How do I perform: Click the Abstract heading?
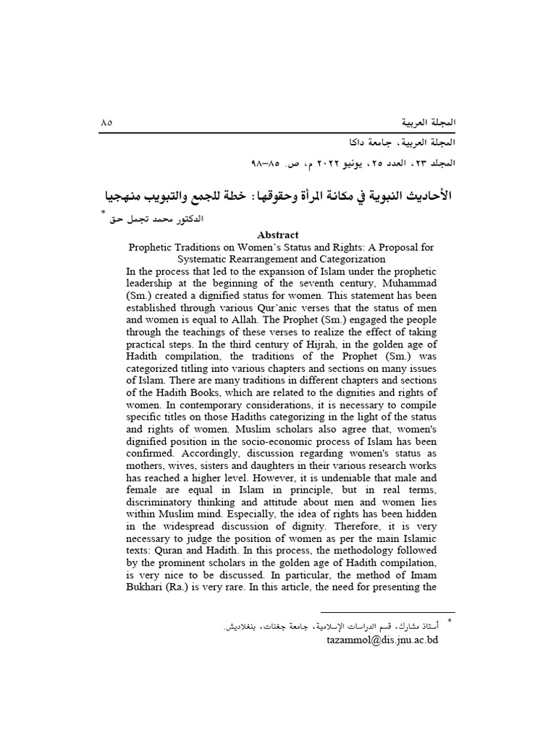point(278,234)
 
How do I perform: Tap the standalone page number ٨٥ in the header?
point(108,123)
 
